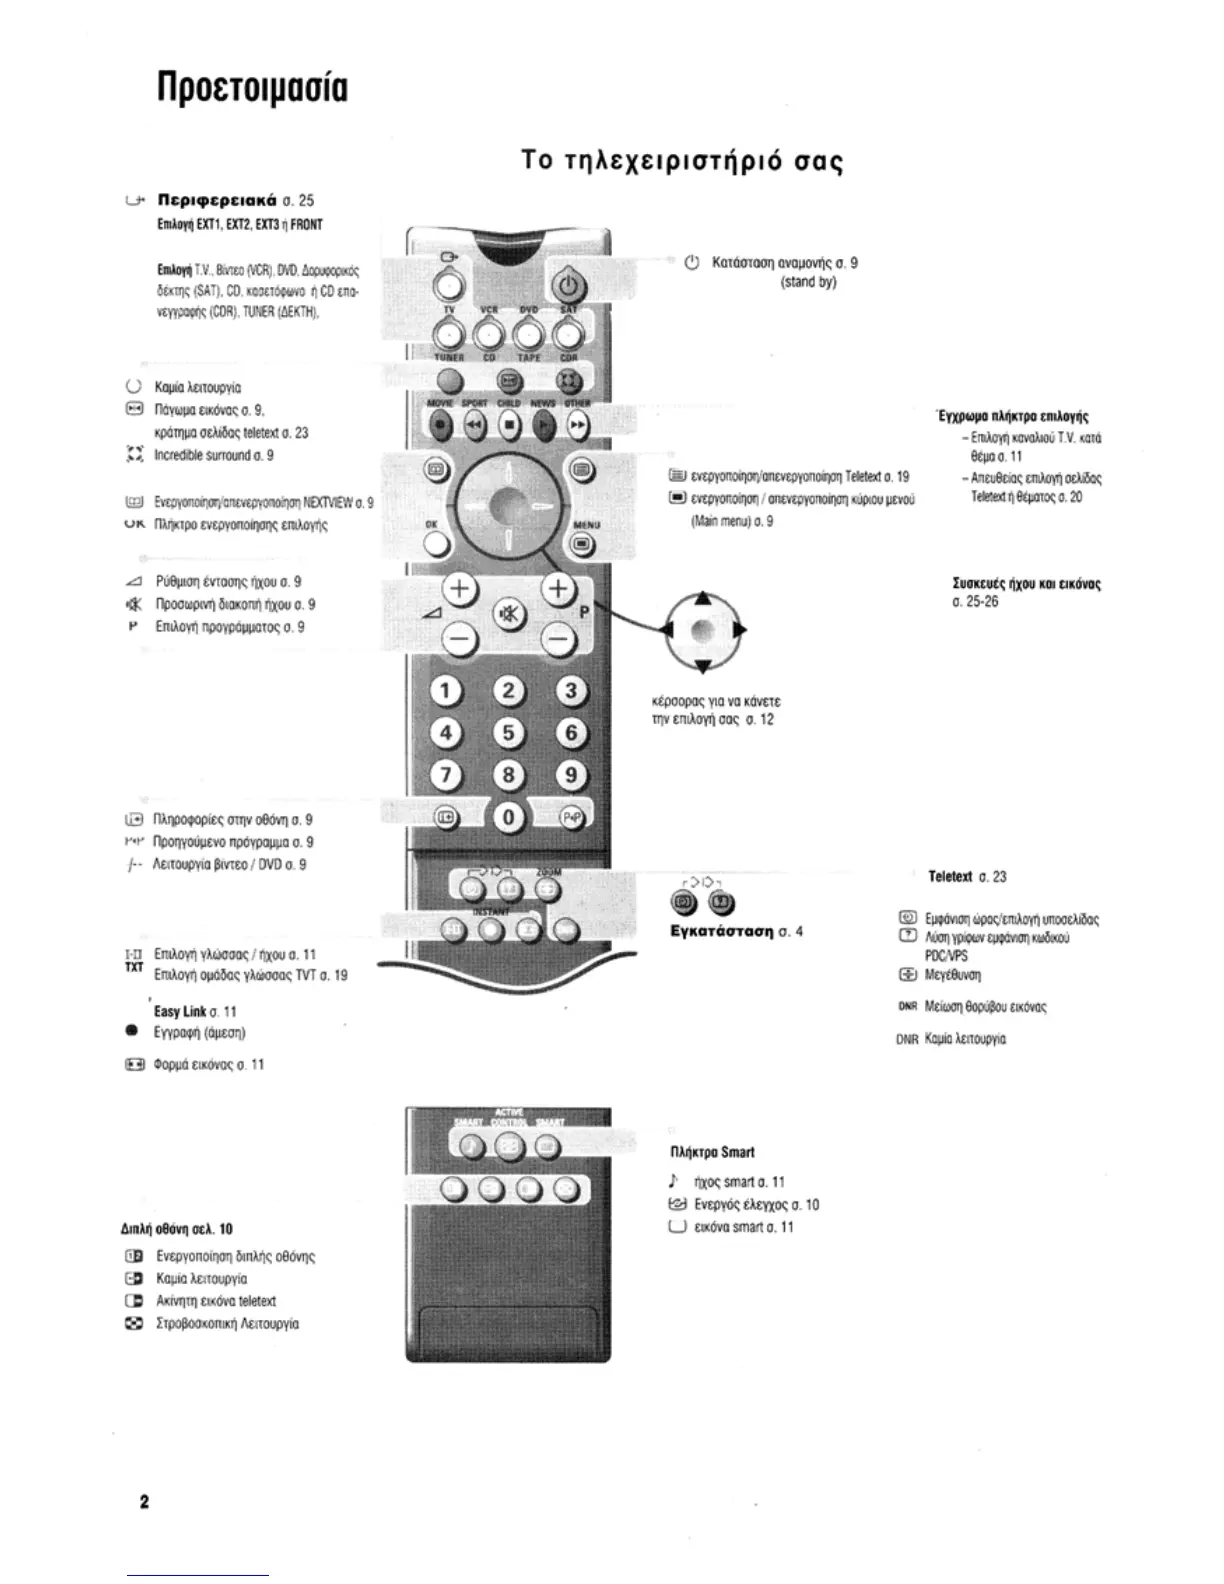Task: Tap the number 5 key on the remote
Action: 508,733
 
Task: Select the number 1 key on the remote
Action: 446,692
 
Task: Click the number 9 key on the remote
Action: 570,775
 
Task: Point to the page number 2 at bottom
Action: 144,1502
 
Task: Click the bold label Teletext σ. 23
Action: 967,877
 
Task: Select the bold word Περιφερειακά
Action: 206,200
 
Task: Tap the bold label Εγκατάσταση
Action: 722,932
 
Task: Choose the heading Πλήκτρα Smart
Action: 712,1152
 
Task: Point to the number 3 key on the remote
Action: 571,691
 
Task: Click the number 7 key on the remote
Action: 446,775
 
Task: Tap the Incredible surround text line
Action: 214,455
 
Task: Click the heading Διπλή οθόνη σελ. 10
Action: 175,1229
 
